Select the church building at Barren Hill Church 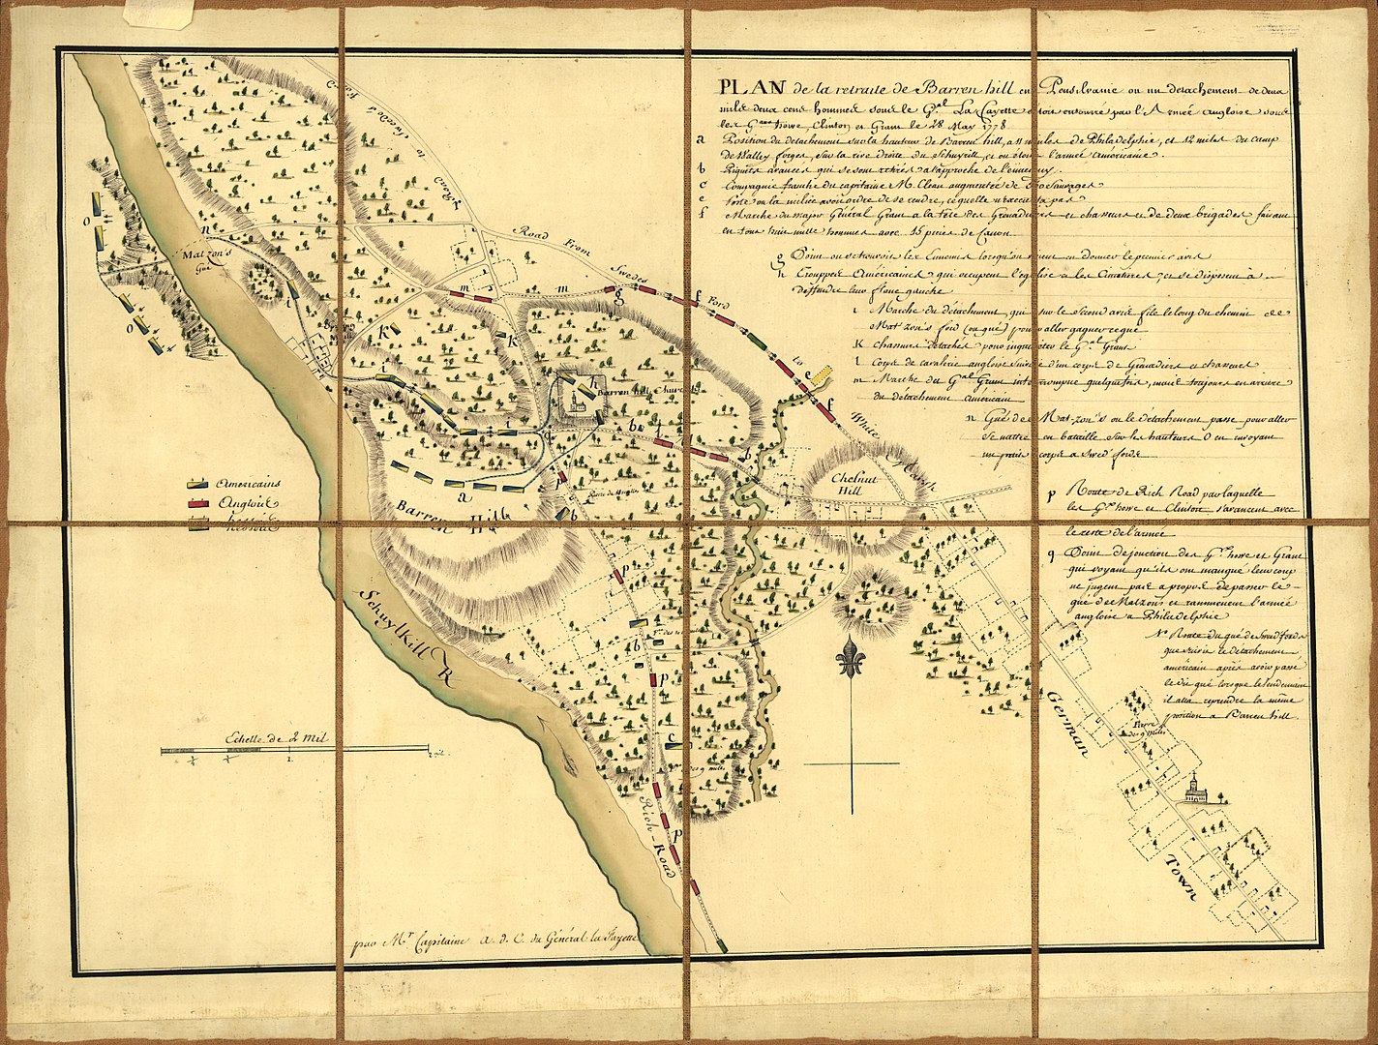578,399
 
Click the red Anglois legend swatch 198,503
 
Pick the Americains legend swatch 198,482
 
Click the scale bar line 295,750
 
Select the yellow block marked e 821,373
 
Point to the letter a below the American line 462,496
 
